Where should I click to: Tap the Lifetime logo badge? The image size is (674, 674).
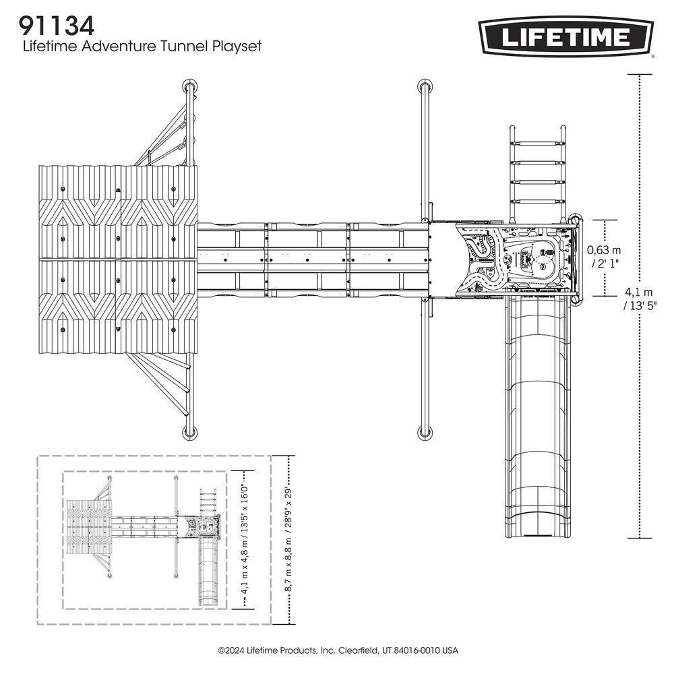[x=565, y=36]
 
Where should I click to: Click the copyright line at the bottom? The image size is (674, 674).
[x=337, y=650]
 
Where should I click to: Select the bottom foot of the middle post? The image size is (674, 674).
[x=425, y=431]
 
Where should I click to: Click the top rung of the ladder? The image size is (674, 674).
[x=537, y=144]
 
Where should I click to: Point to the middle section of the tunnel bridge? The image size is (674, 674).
[x=307, y=259]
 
